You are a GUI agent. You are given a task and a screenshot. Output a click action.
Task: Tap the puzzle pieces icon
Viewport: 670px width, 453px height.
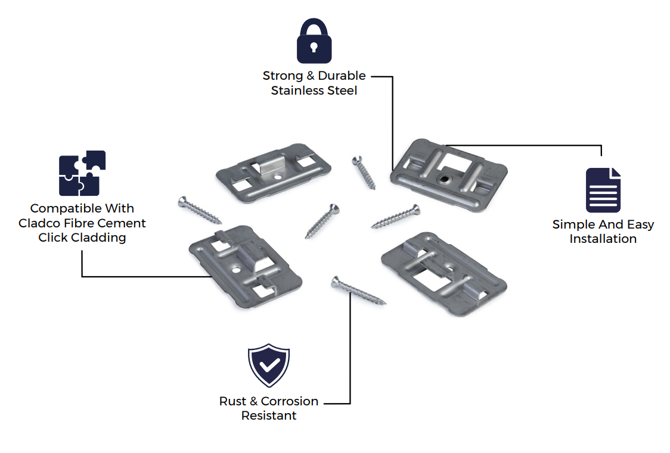(x=82, y=173)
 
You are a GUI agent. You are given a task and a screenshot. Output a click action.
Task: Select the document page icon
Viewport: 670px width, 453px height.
(x=603, y=190)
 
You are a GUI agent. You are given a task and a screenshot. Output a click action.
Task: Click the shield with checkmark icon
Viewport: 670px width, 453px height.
(x=269, y=365)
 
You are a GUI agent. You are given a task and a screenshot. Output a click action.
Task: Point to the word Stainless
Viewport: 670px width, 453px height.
(x=296, y=90)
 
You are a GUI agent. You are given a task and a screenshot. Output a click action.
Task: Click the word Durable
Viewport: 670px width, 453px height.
(x=342, y=76)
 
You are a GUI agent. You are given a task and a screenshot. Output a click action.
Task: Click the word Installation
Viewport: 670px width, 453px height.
(x=603, y=239)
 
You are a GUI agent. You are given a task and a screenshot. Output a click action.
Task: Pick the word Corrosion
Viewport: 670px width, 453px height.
(x=290, y=401)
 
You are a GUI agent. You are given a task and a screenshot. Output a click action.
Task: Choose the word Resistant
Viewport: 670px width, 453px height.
(x=269, y=415)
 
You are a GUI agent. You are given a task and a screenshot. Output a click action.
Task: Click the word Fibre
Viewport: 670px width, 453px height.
(x=80, y=223)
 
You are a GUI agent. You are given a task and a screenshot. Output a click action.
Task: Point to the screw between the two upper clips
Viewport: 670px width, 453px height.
(x=363, y=173)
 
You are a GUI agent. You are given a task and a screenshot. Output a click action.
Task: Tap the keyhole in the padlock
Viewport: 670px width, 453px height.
(x=314, y=46)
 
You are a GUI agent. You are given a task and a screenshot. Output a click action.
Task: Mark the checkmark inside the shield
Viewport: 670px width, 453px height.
(x=269, y=365)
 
